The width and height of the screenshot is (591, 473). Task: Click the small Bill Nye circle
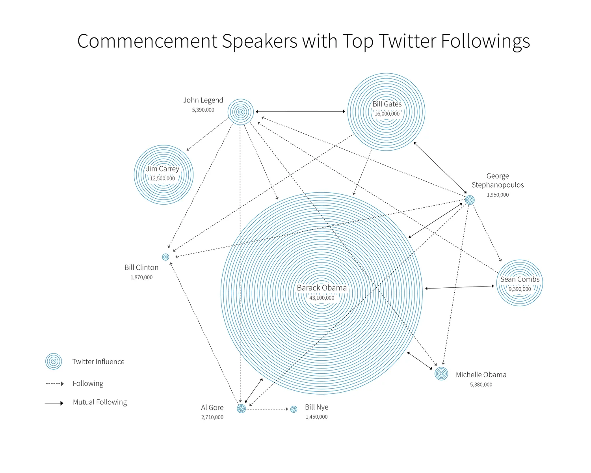click(294, 409)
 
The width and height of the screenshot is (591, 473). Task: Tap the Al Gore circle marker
click(242, 408)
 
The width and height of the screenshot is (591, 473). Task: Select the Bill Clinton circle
click(165, 257)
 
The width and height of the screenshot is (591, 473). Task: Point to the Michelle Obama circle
click(441, 373)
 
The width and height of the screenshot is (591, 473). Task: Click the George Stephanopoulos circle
click(470, 200)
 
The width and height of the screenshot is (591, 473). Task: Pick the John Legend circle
click(240, 112)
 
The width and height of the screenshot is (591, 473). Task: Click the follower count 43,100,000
click(322, 298)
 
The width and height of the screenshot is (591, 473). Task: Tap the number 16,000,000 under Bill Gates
click(387, 114)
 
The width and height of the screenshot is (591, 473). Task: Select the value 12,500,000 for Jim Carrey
click(162, 179)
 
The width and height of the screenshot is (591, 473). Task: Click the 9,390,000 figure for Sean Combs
click(520, 289)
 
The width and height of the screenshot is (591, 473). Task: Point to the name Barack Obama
click(322, 288)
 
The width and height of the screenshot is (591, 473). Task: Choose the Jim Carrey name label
click(162, 169)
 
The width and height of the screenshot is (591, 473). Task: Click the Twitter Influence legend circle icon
click(54, 361)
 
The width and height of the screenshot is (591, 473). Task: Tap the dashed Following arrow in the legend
click(54, 384)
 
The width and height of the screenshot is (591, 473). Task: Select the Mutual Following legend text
click(100, 402)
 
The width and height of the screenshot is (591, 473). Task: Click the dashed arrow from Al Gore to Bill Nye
click(268, 409)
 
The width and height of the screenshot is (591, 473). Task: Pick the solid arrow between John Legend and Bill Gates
click(300, 112)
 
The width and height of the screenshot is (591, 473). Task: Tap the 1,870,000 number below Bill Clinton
click(141, 277)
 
